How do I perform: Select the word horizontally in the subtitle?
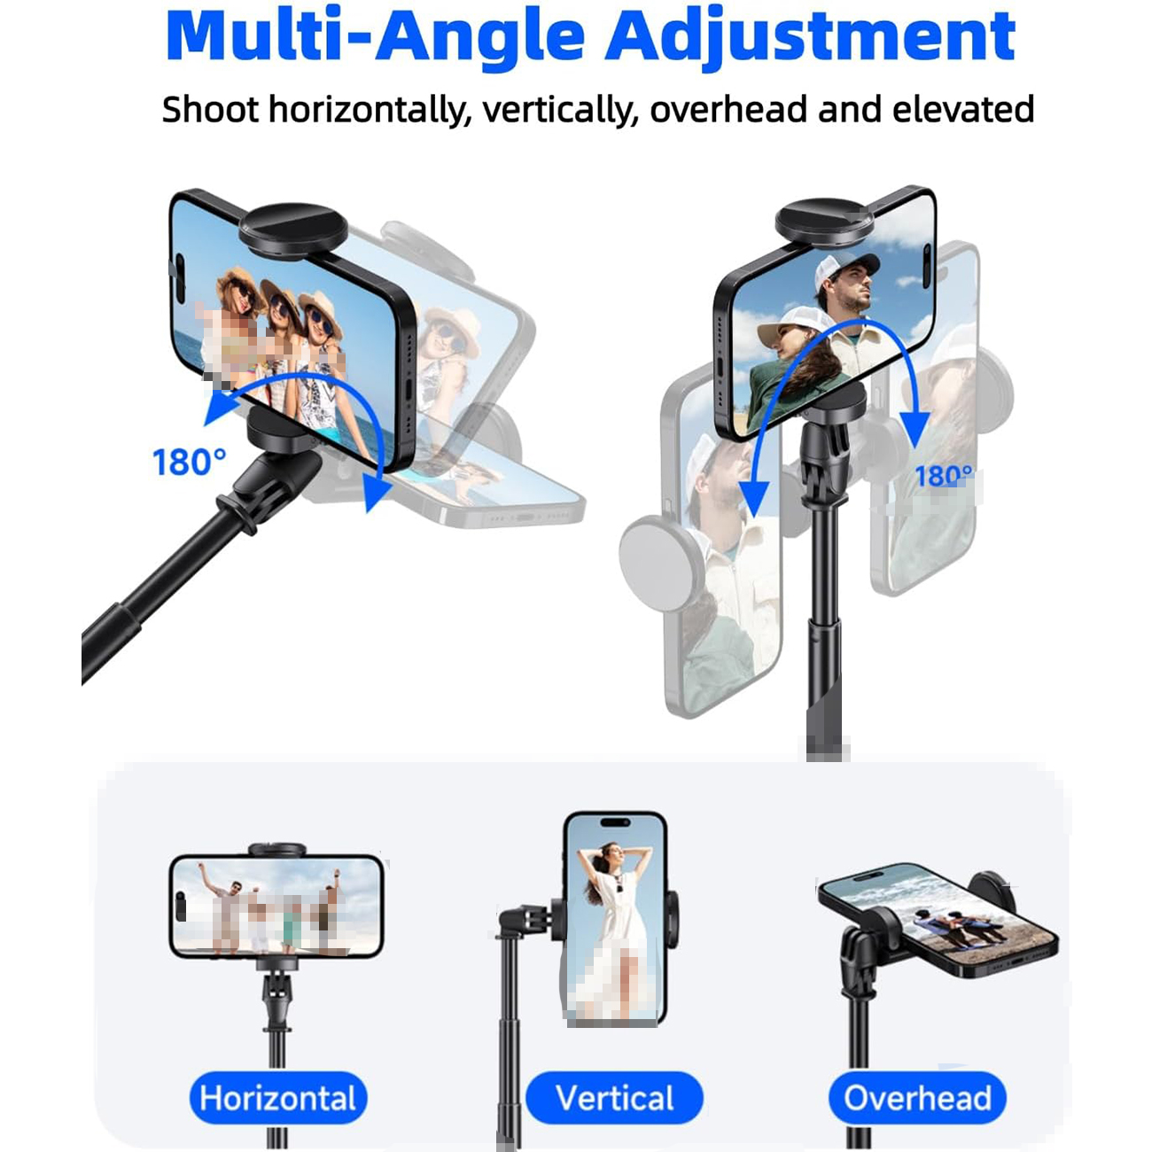tap(370, 111)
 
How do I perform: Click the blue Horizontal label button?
tap(278, 1099)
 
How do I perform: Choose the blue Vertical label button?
tap(614, 1099)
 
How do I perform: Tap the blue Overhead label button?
tap(917, 1099)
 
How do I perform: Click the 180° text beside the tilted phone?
tap(190, 462)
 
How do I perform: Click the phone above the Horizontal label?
tap(276, 907)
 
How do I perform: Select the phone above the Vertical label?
tap(615, 918)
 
